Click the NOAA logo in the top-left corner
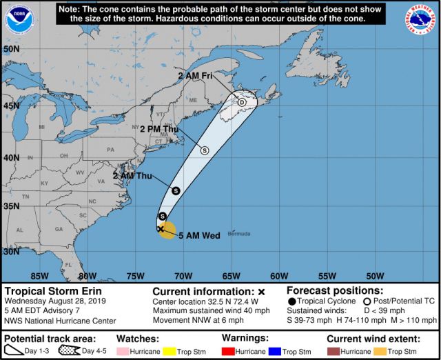click(x=19, y=19)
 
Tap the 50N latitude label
click(x=11, y=50)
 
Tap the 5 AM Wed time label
click(x=199, y=236)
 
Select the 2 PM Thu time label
click(x=159, y=128)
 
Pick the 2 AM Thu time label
click(x=132, y=176)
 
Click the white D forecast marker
click(x=242, y=102)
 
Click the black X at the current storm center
click(x=160, y=228)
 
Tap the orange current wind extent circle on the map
click(x=167, y=230)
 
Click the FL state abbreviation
click(x=69, y=265)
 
